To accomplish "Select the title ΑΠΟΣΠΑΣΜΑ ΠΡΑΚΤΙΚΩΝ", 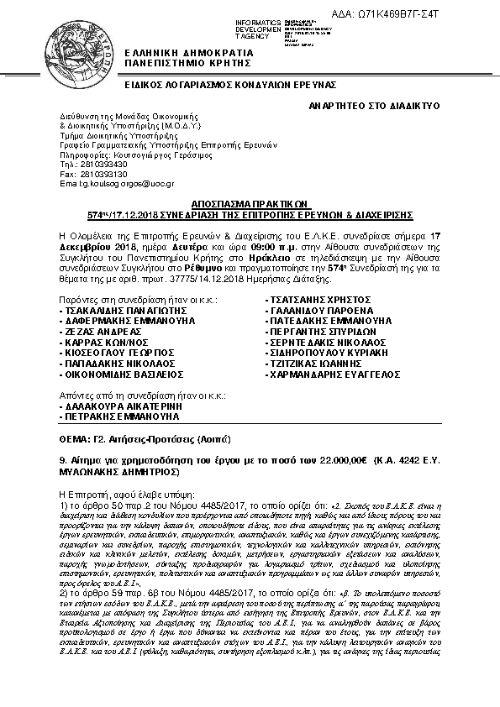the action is pyautogui.click(x=250, y=203).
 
